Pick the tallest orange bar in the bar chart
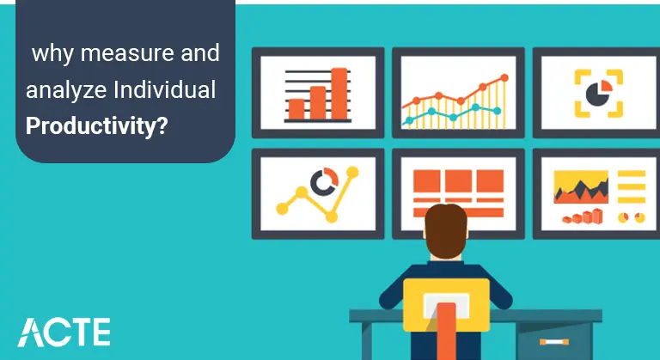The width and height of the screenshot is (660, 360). [339, 93]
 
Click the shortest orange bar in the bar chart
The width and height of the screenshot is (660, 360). [296, 107]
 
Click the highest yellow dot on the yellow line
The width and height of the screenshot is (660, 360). [351, 172]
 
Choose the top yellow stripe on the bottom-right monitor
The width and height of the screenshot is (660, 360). [631, 174]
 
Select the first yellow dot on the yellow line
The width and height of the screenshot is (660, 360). [280, 207]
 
